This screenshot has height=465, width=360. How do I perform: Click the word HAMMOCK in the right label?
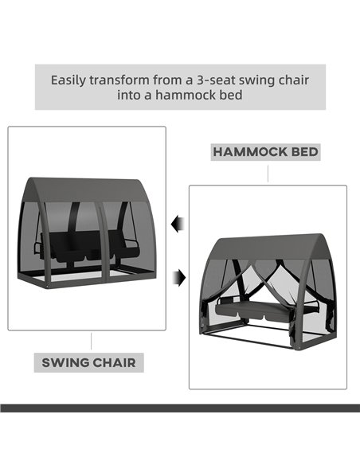pos(250,152)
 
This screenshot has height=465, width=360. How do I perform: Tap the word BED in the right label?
pos(304,152)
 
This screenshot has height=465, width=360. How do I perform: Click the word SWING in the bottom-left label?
pos(65,363)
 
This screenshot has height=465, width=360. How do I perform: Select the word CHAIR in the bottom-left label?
pos(114,363)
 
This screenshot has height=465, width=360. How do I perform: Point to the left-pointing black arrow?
pos(178,225)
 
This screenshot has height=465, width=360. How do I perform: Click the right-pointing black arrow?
pos(179,278)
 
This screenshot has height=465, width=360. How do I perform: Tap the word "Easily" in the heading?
pos(68,80)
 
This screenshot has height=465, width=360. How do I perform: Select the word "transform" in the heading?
pos(119,80)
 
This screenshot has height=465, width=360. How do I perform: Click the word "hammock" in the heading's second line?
pos(183,96)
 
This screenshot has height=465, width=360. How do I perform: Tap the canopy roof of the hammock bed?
pos(267,247)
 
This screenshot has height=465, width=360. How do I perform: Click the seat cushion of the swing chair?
pos(89,250)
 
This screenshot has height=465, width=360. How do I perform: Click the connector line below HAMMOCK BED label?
pos(268,174)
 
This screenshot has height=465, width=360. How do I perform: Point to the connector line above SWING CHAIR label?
pos(91,341)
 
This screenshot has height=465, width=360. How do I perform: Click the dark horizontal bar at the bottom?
pos(180,408)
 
